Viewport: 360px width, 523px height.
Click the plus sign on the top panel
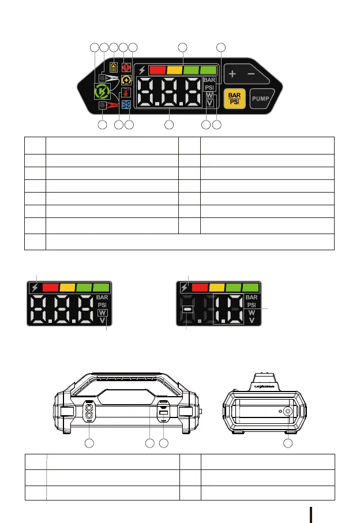point(232,74)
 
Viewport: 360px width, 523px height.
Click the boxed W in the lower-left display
point(102,312)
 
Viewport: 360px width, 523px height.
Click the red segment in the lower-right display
point(200,287)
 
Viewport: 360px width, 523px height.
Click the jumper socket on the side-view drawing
point(89,413)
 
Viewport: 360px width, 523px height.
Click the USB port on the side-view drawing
point(163,413)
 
